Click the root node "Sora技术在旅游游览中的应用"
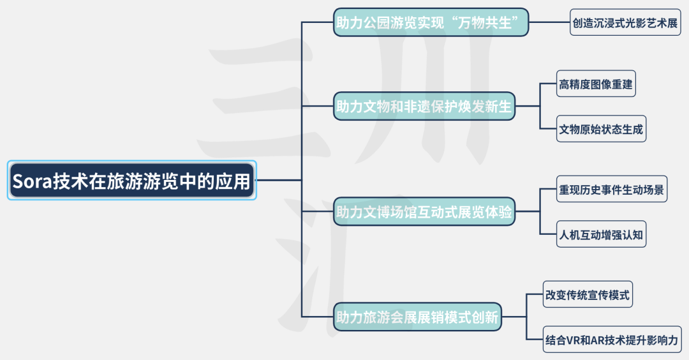pyautogui.click(x=131, y=181)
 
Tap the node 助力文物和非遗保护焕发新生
pyautogui.click(x=424, y=107)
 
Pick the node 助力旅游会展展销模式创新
pyautogui.click(x=417, y=316)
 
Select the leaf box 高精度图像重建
pyautogui.click(x=596, y=84)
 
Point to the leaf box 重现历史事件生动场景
pyautogui.click(x=612, y=190)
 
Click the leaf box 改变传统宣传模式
pyautogui.click(x=588, y=295)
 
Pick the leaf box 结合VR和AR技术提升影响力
pyautogui.click(x=612, y=340)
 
